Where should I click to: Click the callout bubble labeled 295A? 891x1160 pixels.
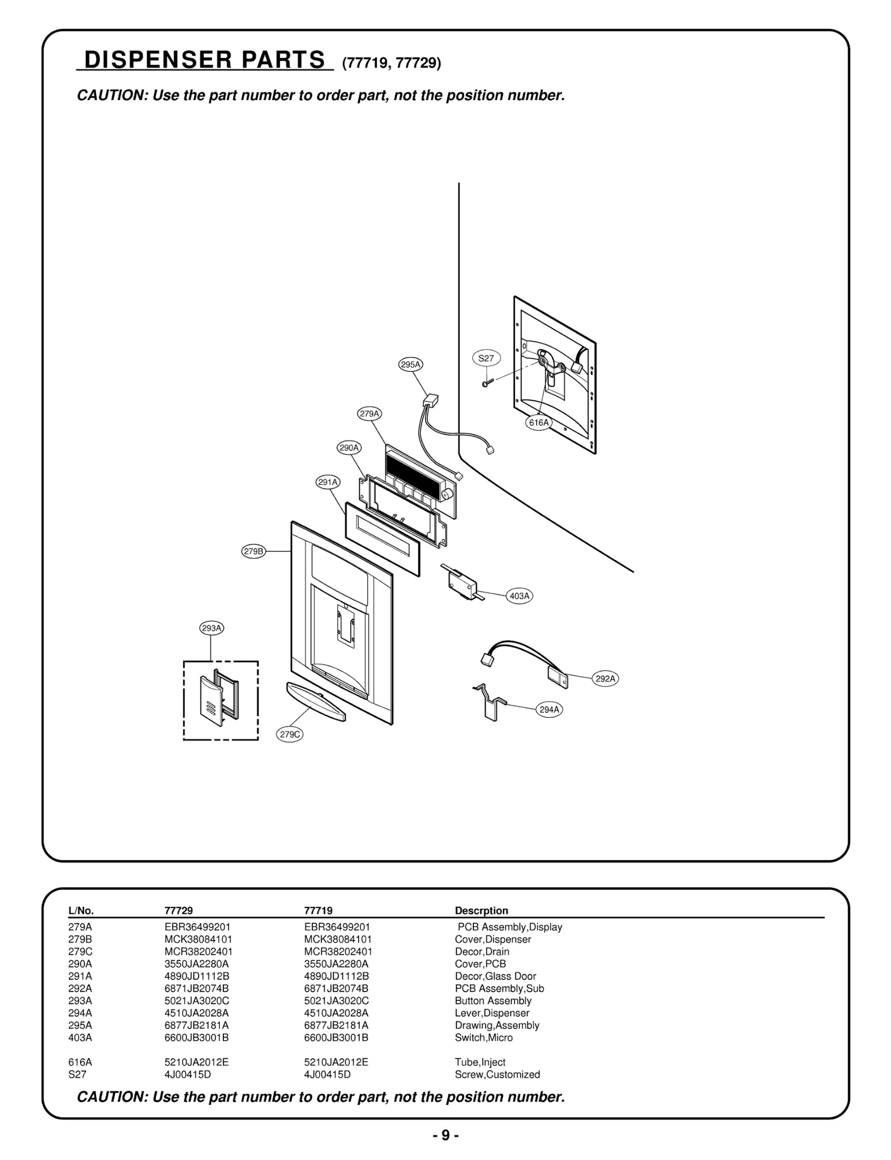pos(411,365)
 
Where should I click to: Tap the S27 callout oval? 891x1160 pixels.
pos(486,358)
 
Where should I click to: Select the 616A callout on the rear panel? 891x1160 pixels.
pos(538,423)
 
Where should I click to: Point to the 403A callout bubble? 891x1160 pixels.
pos(520,596)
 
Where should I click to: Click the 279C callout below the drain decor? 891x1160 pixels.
pos(290,735)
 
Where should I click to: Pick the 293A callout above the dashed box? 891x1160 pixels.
pos(212,628)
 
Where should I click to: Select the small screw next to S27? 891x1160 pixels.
pos(486,383)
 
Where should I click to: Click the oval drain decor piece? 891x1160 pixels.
pos(315,701)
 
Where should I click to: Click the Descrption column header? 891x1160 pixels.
pos(481,911)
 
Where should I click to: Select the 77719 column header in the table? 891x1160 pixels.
pos(318,911)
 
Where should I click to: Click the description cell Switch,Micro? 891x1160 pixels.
pos(483,1037)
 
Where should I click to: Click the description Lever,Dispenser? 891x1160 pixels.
pos(492,1013)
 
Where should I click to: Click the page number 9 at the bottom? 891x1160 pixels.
pos(445,1135)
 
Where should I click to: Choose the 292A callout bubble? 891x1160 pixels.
pos(605,679)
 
